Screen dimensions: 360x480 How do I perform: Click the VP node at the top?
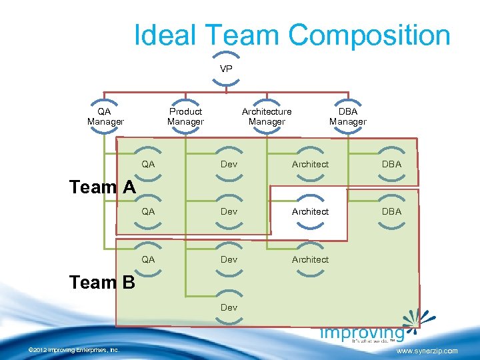(x=226, y=69)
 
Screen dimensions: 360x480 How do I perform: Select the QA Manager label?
(x=105, y=117)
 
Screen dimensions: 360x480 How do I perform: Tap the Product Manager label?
(x=185, y=117)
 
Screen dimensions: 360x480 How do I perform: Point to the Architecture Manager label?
(x=267, y=117)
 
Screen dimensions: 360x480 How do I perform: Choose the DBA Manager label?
(x=347, y=117)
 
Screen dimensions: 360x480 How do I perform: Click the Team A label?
(x=102, y=187)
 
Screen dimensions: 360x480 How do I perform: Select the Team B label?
(x=102, y=283)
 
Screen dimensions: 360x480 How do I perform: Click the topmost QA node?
(x=148, y=164)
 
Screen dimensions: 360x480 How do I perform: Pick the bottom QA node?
(x=148, y=259)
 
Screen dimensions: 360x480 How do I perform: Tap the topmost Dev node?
(x=229, y=164)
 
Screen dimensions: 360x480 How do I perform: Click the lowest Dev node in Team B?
(x=229, y=307)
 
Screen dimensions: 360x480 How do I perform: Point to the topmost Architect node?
(x=310, y=164)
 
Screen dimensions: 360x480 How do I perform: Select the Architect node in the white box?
(x=310, y=211)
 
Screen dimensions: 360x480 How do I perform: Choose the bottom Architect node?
(x=310, y=259)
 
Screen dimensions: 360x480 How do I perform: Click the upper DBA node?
(x=391, y=164)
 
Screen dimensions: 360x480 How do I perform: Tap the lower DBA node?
(x=391, y=211)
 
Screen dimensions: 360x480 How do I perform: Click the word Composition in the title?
(x=369, y=35)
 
